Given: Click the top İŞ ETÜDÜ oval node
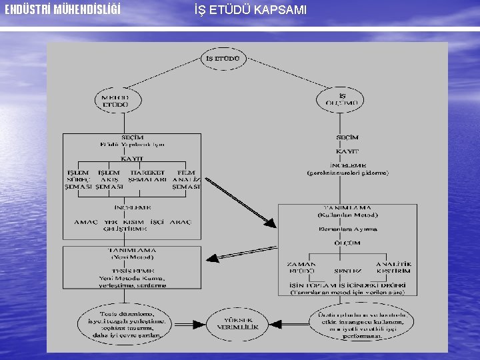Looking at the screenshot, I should (224, 58).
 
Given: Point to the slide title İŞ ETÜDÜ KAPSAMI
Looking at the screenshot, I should (251, 10).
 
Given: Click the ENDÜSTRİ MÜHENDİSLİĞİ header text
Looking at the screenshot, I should (63, 10).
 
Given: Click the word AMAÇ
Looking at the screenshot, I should (86, 222).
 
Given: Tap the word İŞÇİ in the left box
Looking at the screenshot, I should (156, 222).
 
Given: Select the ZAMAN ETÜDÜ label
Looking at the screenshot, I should (301, 268).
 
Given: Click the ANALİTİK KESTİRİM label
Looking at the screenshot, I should (393, 268).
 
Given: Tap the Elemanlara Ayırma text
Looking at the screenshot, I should (347, 229).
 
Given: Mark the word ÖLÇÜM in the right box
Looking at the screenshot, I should (347, 243).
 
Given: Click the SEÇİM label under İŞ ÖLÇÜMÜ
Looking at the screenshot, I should (347, 137).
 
